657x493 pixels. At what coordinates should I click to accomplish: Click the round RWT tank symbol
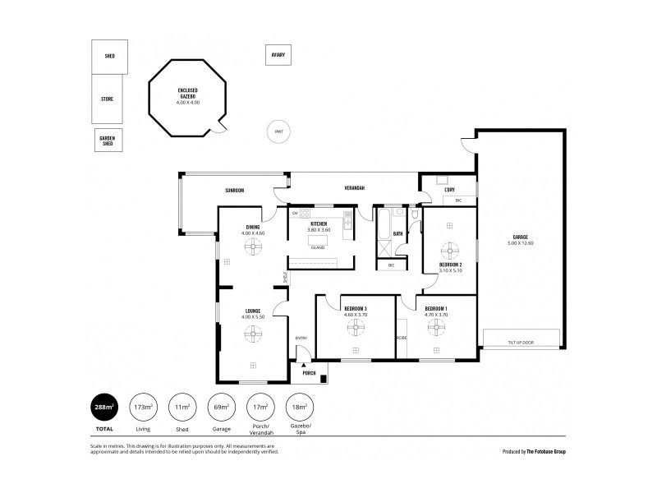point(279,131)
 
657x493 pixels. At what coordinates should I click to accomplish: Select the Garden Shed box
point(108,140)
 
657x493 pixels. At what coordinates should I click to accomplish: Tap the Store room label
point(108,99)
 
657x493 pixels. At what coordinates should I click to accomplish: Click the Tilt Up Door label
point(521,342)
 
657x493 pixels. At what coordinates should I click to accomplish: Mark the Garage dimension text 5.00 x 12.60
point(521,242)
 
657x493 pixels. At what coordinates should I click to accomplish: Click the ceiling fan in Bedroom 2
point(449,248)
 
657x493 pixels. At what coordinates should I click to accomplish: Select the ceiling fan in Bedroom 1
point(435,326)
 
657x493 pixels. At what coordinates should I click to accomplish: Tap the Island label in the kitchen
point(317,247)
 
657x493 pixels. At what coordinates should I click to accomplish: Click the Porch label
point(309,373)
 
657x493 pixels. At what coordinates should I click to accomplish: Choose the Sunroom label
point(236,190)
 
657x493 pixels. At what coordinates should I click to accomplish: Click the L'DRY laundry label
point(449,190)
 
